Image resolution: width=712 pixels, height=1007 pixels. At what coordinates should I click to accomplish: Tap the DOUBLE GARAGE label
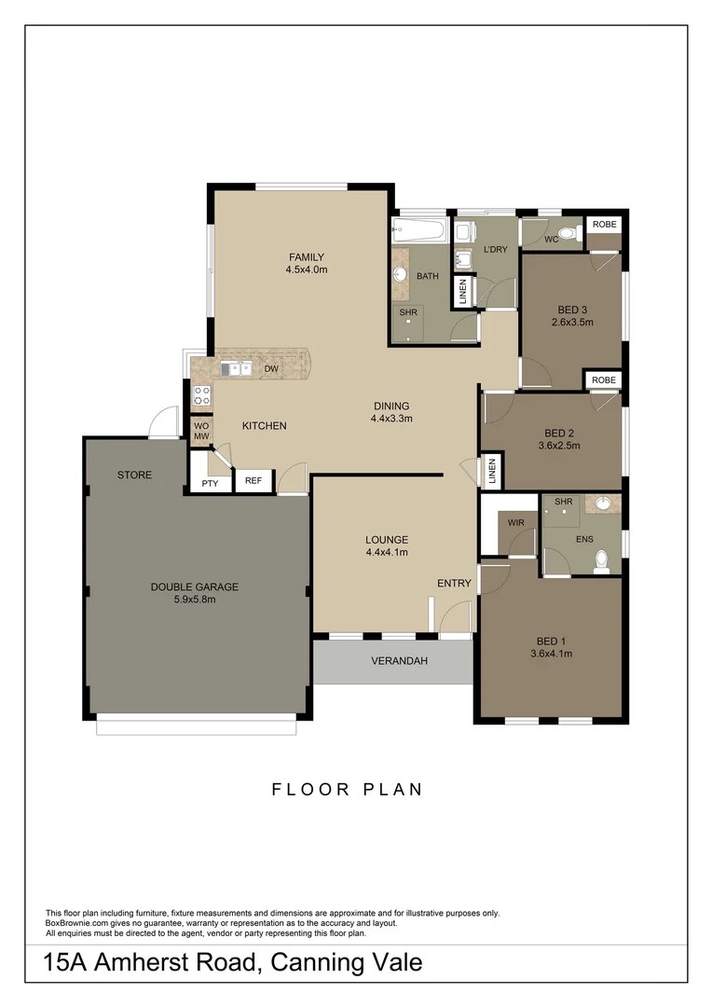(x=195, y=586)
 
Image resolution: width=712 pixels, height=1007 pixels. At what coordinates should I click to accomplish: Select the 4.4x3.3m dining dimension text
(x=390, y=419)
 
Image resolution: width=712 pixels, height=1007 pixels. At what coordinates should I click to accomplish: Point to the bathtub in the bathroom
(x=419, y=229)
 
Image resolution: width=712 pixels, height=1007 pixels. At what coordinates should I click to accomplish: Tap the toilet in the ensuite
(x=602, y=559)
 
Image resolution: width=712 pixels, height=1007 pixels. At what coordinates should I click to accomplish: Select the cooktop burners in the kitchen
(x=201, y=394)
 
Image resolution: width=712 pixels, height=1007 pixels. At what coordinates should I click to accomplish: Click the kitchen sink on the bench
(x=236, y=369)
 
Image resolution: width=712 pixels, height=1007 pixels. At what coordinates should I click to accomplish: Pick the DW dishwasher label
(x=272, y=369)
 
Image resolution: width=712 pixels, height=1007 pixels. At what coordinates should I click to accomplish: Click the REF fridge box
(x=253, y=481)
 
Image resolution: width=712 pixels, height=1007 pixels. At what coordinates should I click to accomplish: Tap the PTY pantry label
(x=210, y=484)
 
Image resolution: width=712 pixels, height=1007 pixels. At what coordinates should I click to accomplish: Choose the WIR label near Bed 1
(x=516, y=523)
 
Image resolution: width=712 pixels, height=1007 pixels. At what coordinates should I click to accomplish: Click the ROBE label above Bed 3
(x=604, y=225)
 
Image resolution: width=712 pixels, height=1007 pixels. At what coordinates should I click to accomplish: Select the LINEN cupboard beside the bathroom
(x=462, y=292)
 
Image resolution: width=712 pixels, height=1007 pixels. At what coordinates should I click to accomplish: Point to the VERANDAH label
(x=399, y=661)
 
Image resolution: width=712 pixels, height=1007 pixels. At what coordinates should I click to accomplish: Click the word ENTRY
(x=454, y=584)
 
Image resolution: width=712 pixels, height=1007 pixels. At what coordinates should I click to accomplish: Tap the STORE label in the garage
(x=134, y=475)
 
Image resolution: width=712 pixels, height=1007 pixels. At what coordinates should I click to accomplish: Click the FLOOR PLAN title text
(x=347, y=790)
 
